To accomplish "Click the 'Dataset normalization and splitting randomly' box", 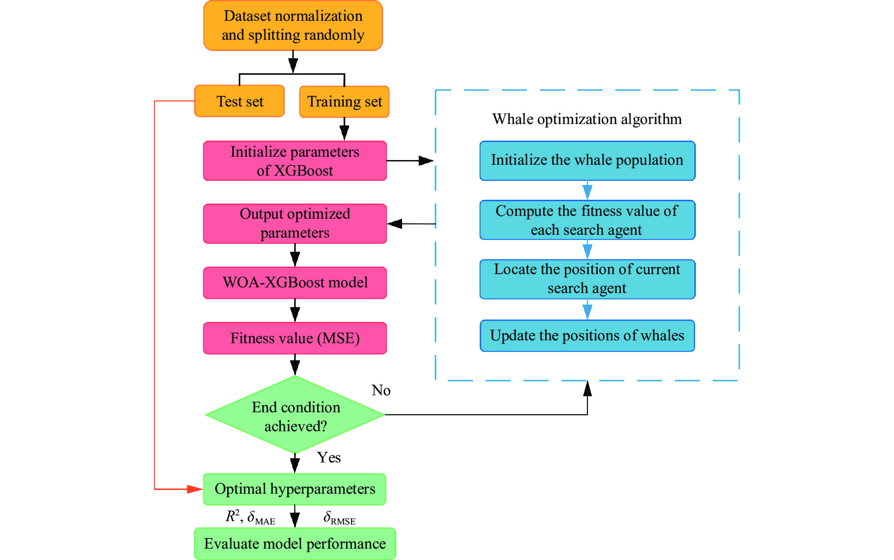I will (x=293, y=26).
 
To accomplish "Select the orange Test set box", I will (x=239, y=101).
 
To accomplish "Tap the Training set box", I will (x=344, y=102).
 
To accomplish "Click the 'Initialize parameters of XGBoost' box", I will (x=295, y=161).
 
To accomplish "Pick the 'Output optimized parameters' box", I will (x=295, y=223).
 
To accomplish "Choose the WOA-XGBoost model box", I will (x=295, y=283).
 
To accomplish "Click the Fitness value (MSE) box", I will (x=295, y=338).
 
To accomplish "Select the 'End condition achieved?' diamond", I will (x=295, y=415).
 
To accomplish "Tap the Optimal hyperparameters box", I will (x=295, y=489).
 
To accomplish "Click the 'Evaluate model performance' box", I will (x=295, y=544).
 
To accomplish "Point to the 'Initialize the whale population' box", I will (x=587, y=160).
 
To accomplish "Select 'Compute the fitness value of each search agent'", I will (x=587, y=220).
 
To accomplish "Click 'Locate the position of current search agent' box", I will (x=587, y=279).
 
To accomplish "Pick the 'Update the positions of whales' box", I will (x=587, y=336).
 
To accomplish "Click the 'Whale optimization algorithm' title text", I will (x=587, y=119).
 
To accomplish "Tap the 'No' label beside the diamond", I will (x=381, y=391).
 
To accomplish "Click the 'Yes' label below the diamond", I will (x=329, y=458).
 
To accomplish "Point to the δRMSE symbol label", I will (x=339, y=518).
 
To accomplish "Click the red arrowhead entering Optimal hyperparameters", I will (x=194, y=489).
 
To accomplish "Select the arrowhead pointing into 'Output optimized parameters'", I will (x=395, y=223).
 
